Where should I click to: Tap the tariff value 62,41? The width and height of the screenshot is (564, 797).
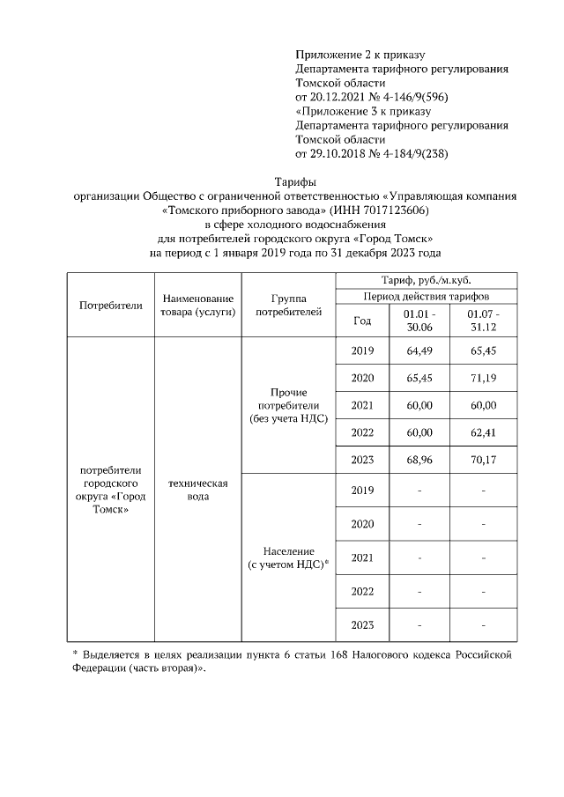(484, 432)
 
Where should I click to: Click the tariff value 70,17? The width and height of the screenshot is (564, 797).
(484, 459)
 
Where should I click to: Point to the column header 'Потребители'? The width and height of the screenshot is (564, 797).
(110, 306)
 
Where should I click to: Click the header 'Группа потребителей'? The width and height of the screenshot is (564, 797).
(288, 306)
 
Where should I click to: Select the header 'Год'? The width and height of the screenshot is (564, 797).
(362, 321)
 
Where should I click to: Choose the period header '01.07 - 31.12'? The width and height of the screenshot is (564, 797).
(484, 321)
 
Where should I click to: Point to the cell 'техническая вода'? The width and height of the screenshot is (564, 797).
(197, 491)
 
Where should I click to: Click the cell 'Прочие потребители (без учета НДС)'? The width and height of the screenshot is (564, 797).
(288, 404)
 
